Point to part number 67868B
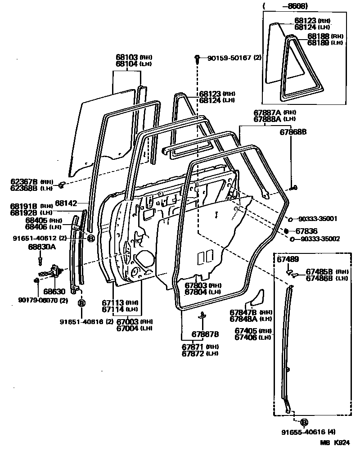[293, 132]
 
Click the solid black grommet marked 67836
[286, 230]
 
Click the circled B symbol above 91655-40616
[303, 422]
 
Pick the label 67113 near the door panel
[112, 302]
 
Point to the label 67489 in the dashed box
[287, 260]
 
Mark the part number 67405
[246, 330]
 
